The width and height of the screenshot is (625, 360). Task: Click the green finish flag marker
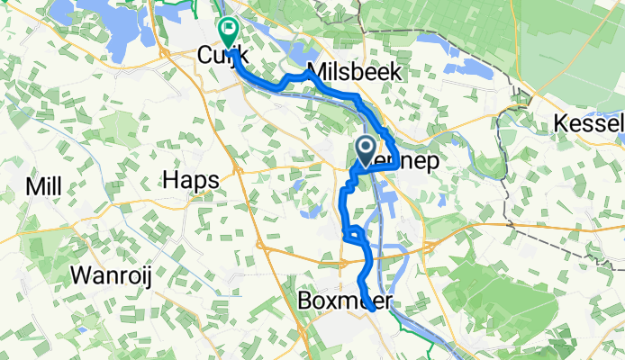pos(227,30)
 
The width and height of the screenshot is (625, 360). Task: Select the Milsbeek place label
pos(354,71)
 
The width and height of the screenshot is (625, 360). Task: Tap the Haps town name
pos(191,181)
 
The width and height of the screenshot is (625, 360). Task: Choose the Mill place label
pos(43,186)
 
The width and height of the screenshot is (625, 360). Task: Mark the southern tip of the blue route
pos(371,310)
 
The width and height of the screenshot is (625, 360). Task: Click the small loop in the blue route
pos(355,235)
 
